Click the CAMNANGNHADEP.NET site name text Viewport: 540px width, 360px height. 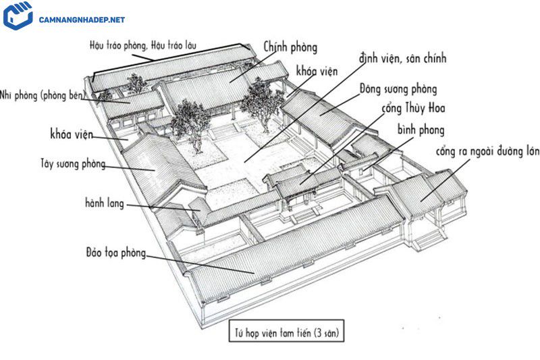(82, 20)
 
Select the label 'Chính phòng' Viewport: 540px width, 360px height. (291, 47)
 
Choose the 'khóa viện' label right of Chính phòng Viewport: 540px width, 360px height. (317, 71)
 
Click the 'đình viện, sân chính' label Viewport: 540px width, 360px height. (404, 59)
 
